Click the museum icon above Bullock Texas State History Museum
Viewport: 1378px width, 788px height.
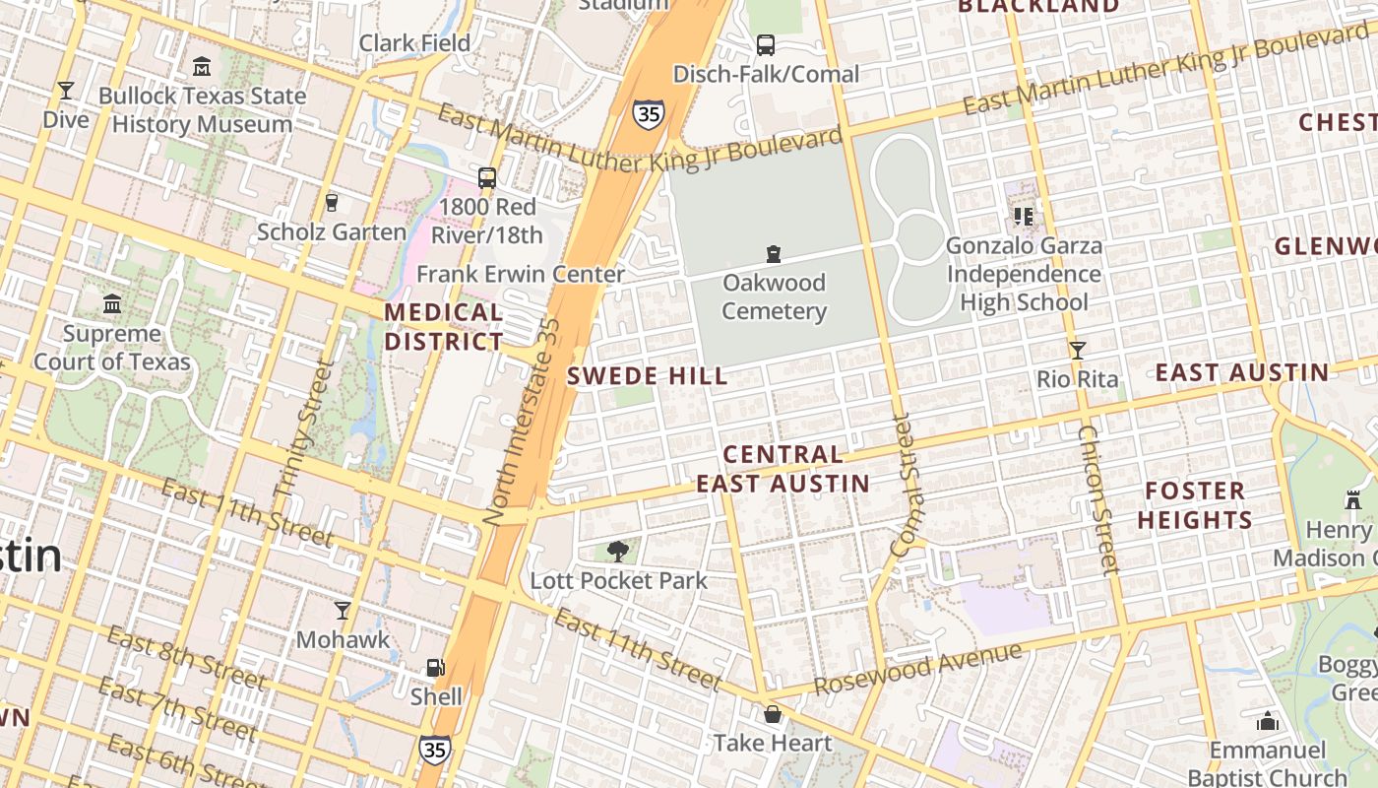click(202, 67)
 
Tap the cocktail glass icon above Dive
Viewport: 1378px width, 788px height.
click(66, 91)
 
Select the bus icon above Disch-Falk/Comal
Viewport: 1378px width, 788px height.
click(766, 44)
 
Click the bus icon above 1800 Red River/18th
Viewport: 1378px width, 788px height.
click(487, 178)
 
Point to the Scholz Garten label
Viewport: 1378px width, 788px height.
click(331, 232)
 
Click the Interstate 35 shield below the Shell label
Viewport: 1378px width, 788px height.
click(434, 750)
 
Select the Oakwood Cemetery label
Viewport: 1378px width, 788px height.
click(775, 297)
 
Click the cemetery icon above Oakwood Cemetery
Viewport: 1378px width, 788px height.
click(775, 254)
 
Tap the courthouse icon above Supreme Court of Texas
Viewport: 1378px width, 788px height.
click(112, 303)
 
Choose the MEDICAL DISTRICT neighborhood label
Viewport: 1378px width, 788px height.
click(443, 327)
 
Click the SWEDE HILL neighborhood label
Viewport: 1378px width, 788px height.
click(648, 375)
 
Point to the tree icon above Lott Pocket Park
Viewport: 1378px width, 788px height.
click(618, 552)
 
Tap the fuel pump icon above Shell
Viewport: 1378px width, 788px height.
click(435, 668)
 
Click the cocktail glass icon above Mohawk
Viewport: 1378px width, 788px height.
click(343, 611)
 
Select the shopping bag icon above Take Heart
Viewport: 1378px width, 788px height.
click(773, 714)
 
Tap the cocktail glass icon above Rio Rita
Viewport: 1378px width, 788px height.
click(1078, 350)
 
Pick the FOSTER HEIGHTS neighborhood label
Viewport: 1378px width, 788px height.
click(1195, 505)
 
